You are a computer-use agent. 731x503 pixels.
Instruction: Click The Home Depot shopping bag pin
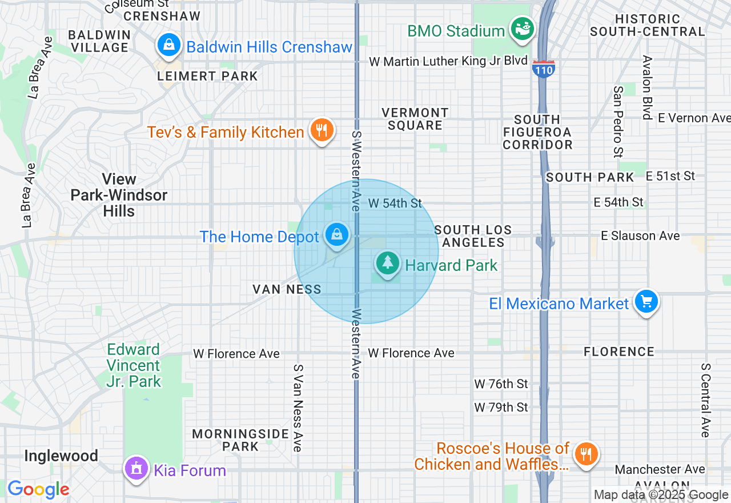coord(337,235)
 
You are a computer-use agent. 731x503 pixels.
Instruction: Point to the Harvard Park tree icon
coord(388,264)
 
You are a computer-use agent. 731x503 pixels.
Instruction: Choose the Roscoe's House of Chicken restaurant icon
coord(585,455)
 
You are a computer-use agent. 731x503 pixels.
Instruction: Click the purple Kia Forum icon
coord(136,469)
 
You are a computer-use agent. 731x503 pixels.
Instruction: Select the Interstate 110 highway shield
coord(543,69)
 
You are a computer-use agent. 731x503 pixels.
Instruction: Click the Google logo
coord(38,489)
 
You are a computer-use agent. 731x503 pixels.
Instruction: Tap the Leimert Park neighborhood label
coord(208,76)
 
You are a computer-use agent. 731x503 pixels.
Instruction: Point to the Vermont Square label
coord(415,119)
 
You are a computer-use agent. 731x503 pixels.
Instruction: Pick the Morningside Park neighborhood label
coord(240,440)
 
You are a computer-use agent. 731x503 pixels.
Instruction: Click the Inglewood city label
coord(61,456)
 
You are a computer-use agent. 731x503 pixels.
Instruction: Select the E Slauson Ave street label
coord(640,235)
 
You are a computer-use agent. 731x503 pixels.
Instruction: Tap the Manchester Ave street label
coord(660,469)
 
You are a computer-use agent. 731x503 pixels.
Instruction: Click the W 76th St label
coord(501,384)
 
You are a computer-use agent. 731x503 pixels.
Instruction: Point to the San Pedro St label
coord(618,121)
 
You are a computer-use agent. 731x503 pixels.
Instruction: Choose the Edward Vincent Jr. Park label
coord(134,365)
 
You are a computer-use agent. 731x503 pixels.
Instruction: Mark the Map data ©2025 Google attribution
coord(661,495)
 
